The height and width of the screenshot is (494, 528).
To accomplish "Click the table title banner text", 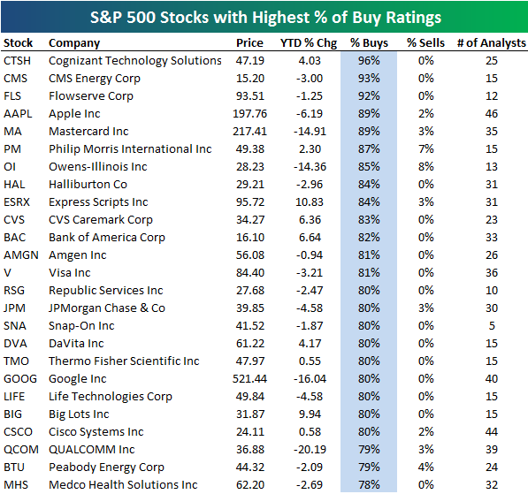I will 264,17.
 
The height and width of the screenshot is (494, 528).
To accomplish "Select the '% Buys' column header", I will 368,43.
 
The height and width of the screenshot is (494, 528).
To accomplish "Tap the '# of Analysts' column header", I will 491,43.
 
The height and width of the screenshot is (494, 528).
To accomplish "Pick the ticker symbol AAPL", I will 18,114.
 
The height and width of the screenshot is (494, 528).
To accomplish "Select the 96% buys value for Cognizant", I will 369,61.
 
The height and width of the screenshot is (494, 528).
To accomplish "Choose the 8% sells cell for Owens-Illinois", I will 425,167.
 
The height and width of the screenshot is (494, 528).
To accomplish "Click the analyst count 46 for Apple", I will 492,114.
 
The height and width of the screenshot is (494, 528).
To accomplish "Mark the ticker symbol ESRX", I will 18,202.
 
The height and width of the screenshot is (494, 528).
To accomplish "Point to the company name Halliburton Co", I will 88,185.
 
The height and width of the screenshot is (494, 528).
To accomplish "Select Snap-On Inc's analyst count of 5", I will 492,326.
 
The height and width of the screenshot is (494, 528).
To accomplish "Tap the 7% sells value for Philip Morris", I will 425,149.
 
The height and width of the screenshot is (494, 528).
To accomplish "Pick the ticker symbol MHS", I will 16,485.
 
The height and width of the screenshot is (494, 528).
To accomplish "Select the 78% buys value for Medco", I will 369,485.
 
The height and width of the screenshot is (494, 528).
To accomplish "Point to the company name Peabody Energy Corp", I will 106,467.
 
